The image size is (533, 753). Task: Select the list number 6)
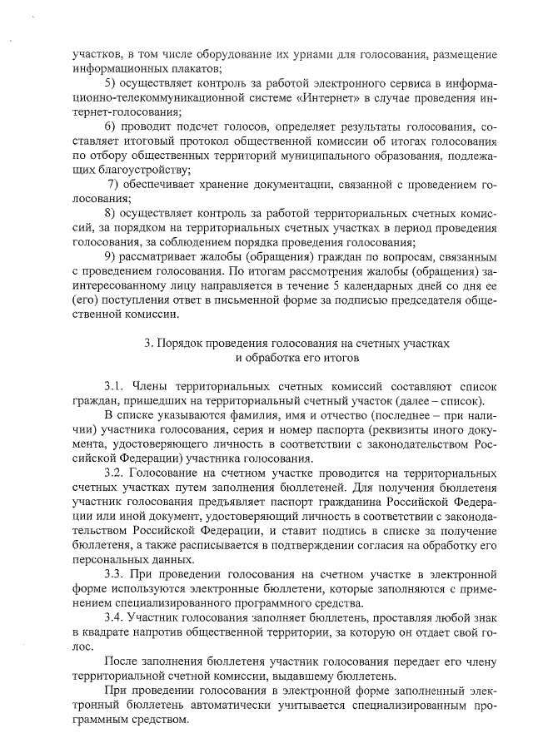110,126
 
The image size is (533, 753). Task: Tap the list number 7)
115,184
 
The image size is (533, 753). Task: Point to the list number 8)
110,213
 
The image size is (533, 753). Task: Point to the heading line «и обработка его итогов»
297,358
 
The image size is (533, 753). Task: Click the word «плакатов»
192,67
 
